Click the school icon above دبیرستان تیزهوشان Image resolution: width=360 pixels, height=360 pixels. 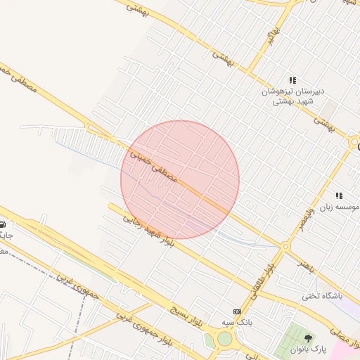click(292, 81)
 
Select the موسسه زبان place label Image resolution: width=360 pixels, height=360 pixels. click(335, 207)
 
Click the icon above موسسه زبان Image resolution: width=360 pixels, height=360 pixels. click(339, 196)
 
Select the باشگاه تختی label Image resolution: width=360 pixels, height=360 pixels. click(321, 296)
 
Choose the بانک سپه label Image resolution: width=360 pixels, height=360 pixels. click(236, 321)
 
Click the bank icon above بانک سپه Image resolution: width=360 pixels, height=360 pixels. click(237, 311)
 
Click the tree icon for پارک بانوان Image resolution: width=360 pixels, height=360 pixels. click(307, 338)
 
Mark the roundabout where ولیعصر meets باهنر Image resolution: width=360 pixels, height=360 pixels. click(285, 247)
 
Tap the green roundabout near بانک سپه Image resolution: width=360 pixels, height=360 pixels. click(224, 339)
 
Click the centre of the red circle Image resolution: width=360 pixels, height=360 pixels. click(180, 180)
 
